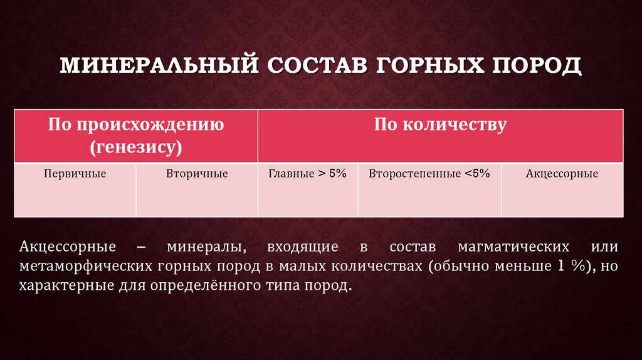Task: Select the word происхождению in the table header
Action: (150, 124)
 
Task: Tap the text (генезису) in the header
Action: (135, 148)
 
